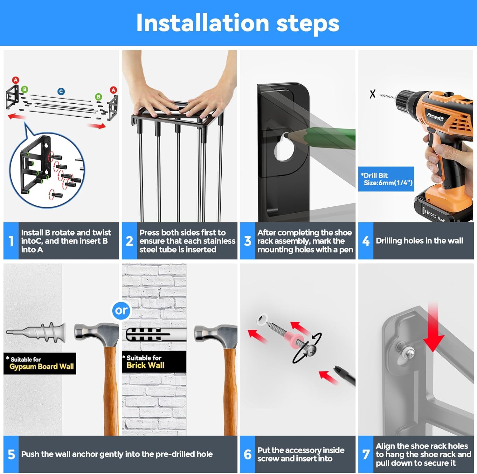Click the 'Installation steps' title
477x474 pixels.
coord(238,23)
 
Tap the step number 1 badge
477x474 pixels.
coord(11,241)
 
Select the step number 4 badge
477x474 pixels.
coord(366,241)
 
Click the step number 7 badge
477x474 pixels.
coord(366,454)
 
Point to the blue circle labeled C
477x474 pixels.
coord(61,92)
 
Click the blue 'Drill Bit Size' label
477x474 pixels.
coord(386,179)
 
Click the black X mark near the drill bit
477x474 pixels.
coord(372,94)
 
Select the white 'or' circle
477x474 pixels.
coord(121,310)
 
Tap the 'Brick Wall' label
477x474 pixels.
coord(145,365)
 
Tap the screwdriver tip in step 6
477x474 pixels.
coord(338,370)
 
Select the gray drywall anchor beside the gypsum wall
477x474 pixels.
coord(36,333)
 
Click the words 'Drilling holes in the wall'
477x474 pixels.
coord(419,241)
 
